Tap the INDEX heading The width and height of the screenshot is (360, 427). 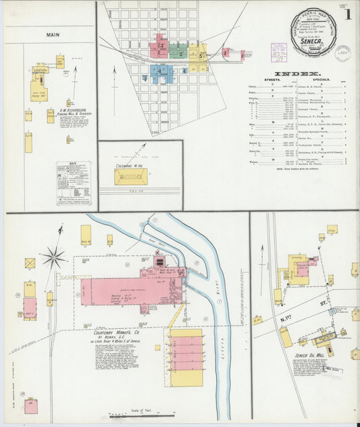click(x=297, y=74)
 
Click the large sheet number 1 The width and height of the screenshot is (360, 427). click(x=348, y=14)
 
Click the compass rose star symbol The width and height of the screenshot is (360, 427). click(x=53, y=257)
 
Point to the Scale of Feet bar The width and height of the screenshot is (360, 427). click(x=142, y=415)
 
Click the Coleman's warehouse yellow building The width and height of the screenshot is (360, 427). click(x=130, y=177)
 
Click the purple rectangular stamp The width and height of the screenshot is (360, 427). click(x=278, y=49)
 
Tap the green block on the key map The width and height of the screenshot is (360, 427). click(x=177, y=50)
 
